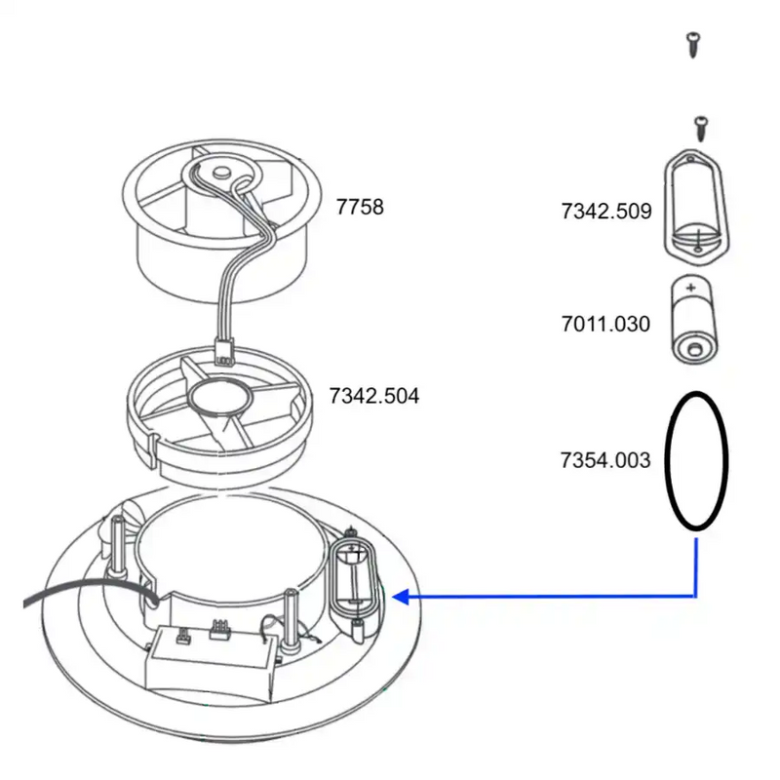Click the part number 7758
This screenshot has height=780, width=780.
tap(360, 208)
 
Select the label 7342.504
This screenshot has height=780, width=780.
tap(374, 396)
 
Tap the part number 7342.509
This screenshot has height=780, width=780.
tap(605, 211)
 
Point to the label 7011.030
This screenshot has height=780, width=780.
tap(605, 324)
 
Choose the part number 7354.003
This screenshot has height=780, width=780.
tap(605, 459)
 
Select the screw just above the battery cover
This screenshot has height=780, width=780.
tap(698, 126)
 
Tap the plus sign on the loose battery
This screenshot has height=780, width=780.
tap(691, 289)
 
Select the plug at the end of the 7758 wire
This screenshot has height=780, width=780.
tap(224, 349)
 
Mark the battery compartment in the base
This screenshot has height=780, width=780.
tap(352, 581)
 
